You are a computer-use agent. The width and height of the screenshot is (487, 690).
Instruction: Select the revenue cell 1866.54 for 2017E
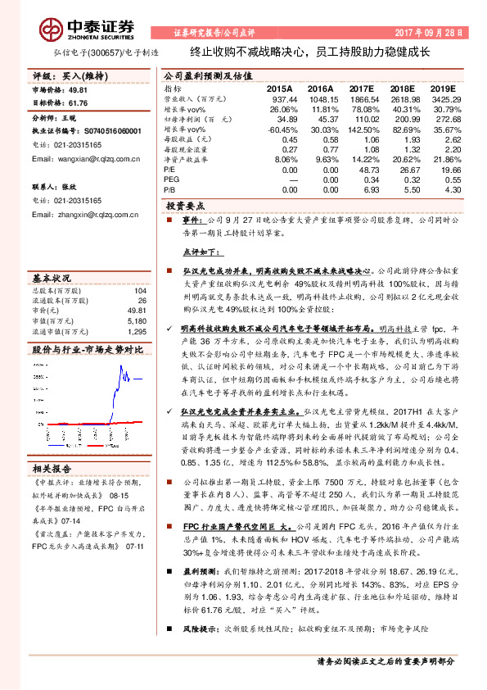(x=364, y=98)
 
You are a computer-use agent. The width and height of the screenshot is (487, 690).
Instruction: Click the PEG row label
(x=173, y=179)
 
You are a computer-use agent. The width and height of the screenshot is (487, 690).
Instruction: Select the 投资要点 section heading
(x=186, y=207)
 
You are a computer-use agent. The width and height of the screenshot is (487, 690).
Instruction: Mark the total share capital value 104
(x=140, y=291)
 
